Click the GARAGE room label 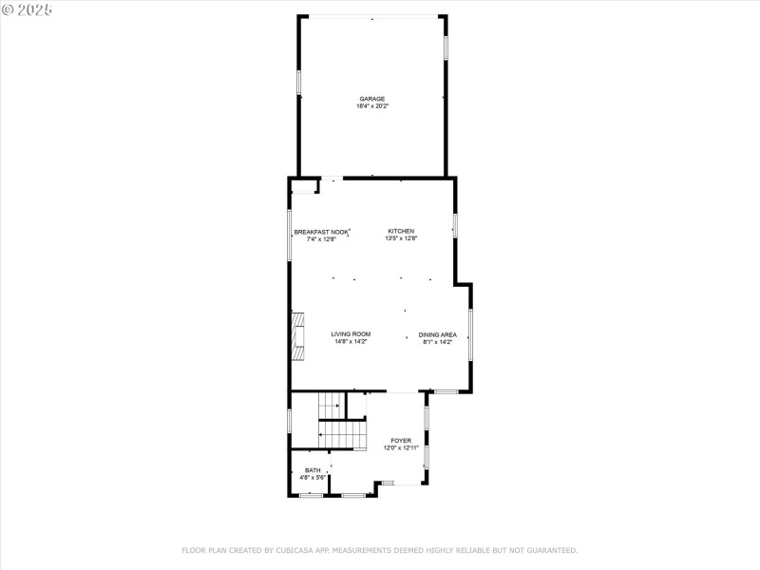pos(372,99)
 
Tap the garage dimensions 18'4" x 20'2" pos(372,106)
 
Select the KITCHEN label pos(400,232)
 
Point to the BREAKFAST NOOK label pos(321,232)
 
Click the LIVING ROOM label pos(351,334)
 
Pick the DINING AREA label pos(438,334)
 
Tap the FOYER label pos(401,441)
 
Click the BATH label pos(313,470)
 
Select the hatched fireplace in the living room pos(298,336)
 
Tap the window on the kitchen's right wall pos(455,226)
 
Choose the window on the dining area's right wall pos(470,334)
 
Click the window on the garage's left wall pos(299,81)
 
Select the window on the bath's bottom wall pos(310,495)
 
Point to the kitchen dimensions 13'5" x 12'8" pos(400,239)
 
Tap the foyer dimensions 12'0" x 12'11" pos(401,448)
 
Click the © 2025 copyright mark pos(27,9)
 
